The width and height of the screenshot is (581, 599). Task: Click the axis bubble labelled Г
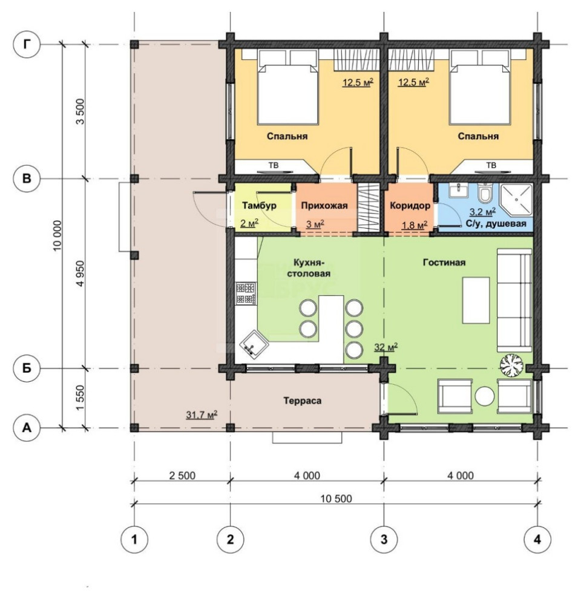[x=27, y=44]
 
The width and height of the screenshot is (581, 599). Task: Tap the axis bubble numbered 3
[x=384, y=539]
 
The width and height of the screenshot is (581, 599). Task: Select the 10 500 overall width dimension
[x=336, y=498]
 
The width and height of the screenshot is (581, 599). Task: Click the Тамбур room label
[x=259, y=206]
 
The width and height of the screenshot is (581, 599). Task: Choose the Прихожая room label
[x=324, y=206]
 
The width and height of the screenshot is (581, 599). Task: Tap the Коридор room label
[x=410, y=206]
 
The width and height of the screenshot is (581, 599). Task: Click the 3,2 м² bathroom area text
[x=482, y=212]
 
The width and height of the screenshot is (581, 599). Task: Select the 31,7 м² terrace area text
[x=202, y=414]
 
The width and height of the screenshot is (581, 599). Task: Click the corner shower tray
[x=516, y=200]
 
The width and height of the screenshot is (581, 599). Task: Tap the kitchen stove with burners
[x=246, y=293]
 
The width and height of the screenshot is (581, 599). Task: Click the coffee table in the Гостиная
[x=476, y=300]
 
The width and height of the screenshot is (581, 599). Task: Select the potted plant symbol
[x=511, y=365]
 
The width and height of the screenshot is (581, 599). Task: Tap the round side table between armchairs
[x=485, y=396]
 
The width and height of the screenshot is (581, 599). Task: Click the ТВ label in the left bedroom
[x=274, y=165]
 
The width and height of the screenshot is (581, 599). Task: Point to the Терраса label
[x=303, y=401]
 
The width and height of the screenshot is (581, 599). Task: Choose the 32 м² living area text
[x=386, y=347]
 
